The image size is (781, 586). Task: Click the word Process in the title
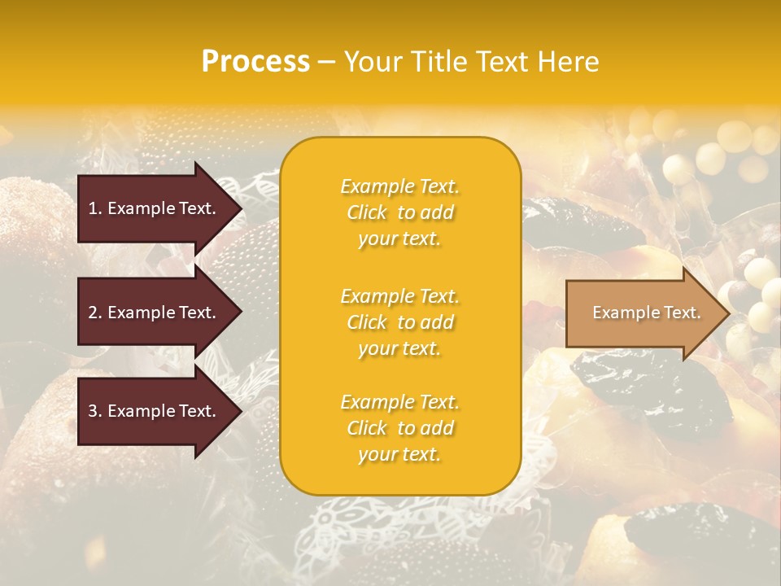click(x=255, y=62)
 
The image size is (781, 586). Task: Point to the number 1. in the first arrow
click(x=95, y=208)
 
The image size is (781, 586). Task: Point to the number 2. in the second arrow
click(x=95, y=313)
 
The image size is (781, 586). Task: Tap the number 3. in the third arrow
click(x=95, y=411)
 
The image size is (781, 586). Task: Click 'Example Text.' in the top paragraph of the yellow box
click(x=400, y=186)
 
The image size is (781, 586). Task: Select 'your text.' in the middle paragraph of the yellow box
click(x=399, y=348)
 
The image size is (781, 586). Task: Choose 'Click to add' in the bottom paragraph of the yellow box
click(x=400, y=428)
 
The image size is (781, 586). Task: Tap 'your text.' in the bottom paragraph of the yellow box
click(x=399, y=454)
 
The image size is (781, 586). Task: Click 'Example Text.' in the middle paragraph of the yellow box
click(x=400, y=296)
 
